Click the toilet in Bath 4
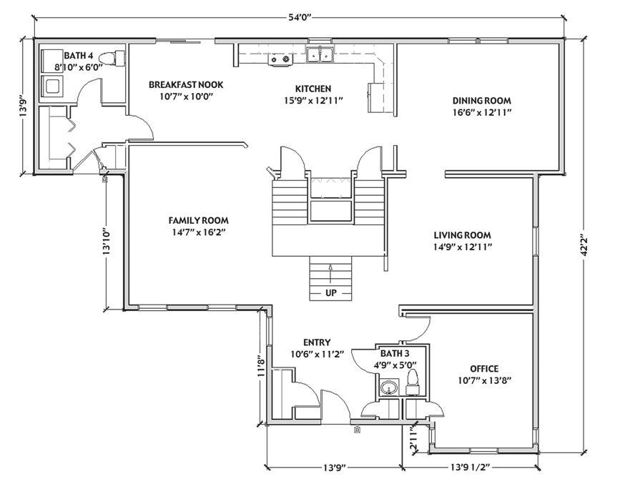point(112,58)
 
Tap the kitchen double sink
point(320,54)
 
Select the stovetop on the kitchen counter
point(280,59)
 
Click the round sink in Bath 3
point(388,387)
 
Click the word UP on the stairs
point(331,293)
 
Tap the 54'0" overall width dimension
point(300,17)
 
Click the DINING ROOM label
point(481,100)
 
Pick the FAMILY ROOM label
point(199,220)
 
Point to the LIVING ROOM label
point(463,235)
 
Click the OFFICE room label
point(484,369)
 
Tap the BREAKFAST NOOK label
point(186,84)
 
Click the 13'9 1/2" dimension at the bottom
point(470,467)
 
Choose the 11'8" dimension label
point(261,366)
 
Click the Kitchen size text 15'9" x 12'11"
point(313,100)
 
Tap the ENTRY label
point(317,342)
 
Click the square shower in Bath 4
point(51,86)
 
